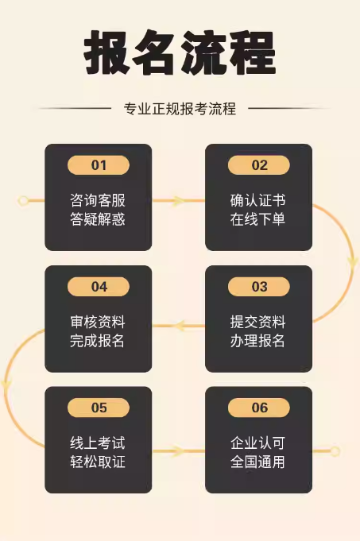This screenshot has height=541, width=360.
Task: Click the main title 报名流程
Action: pos(180,52)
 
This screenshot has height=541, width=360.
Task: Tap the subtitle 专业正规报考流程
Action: pos(180,109)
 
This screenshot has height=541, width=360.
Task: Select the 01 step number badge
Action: pos(99,165)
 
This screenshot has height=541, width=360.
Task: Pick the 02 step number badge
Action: pos(259,165)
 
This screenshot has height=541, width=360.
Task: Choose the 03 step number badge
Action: pos(259,286)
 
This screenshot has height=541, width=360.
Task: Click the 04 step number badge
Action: pos(99,286)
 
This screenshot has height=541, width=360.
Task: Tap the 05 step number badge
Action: pos(99,408)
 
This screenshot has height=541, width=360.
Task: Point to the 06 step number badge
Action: pos(259,408)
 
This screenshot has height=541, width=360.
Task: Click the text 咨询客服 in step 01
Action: pos(98,200)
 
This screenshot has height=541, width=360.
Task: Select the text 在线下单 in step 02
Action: pos(257,218)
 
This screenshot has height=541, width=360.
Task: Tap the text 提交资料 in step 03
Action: pos(257,322)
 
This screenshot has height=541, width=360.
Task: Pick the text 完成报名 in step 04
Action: pos(98,341)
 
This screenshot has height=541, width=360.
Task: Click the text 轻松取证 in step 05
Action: pos(98,462)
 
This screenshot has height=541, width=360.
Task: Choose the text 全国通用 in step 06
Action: pos(257,462)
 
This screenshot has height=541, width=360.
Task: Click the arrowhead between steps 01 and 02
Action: pos(178,201)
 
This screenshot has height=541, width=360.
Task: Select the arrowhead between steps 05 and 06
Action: pos(178,451)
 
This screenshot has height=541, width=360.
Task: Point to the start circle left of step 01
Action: pos(24,201)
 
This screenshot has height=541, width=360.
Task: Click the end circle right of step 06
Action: pos(335,451)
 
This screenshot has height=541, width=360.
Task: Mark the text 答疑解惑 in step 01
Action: pos(98,218)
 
